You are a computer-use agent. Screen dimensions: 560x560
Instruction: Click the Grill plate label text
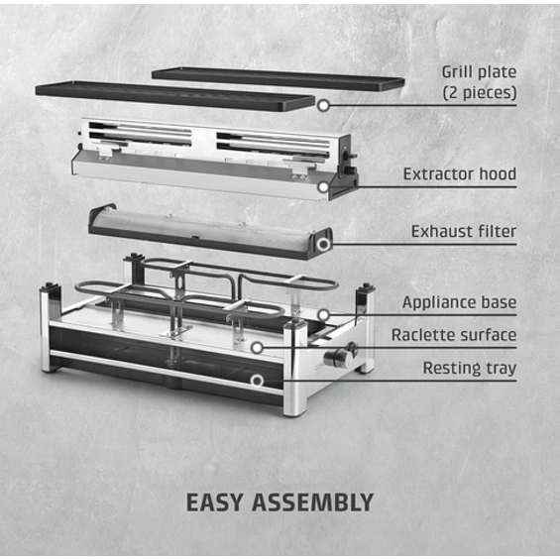[x=479, y=72]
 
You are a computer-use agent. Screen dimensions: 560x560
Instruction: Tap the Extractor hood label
[x=460, y=174]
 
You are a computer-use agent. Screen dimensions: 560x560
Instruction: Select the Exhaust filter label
[x=464, y=231]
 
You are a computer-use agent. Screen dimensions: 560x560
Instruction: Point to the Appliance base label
[x=459, y=302]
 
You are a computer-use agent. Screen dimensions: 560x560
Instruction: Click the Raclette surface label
[x=454, y=335]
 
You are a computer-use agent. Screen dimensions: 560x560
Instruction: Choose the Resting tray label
[x=470, y=369]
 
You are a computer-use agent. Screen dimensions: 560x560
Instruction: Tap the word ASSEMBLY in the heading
[x=313, y=503]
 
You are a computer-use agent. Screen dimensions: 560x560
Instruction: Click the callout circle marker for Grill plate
[x=323, y=105]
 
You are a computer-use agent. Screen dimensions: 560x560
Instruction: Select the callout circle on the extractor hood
[x=323, y=186]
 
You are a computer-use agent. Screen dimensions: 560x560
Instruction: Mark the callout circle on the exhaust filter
[x=324, y=245]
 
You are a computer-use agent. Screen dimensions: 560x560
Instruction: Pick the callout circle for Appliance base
[x=323, y=315]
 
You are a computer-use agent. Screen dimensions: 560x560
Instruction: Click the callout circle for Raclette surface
[x=257, y=348]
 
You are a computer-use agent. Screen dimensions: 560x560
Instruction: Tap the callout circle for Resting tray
[x=257, y=381]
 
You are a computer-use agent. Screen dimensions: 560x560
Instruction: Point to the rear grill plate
[x=279, y=78]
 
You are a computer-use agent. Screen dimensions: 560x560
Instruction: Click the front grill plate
[x=175, y=96]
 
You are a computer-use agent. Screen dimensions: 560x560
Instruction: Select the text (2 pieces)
[x=480, y=93]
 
